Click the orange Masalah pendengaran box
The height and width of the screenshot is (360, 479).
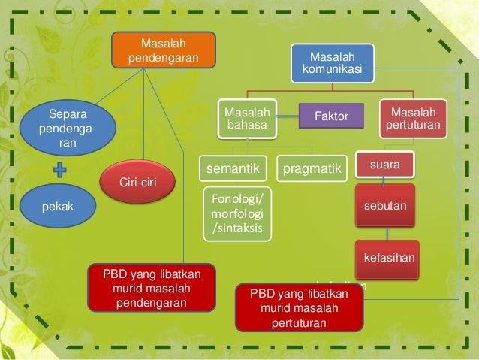click(x=164, y=49)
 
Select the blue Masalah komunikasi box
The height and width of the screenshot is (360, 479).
click(x=332, y=63)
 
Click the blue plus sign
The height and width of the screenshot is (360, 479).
click(x=62, y=171)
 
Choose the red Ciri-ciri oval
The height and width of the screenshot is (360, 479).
click(x=137, y=183)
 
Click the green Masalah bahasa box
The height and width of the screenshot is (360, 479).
click(x=246, y=118)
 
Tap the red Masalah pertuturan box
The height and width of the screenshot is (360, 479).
click(x=412, y=118)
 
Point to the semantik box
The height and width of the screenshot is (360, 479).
click(x=233, y=169)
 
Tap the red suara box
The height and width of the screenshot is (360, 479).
click(x=384, y=163)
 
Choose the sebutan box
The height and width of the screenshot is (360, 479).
click(x=385, y=204)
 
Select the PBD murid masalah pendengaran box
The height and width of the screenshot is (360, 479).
click(x=152, y=286)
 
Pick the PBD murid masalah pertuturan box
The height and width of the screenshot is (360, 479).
click(x=300, y=308)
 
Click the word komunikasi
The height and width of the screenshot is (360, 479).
click(x=332, y=70)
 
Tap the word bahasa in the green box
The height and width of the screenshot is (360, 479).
click(x=246, y=125)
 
